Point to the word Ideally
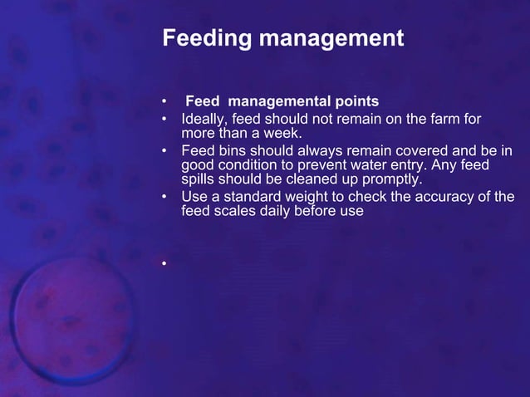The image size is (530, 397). (205, 120)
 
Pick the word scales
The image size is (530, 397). (234, 210)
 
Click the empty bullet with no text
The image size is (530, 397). (164, 265)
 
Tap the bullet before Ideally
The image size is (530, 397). (164, 120)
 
